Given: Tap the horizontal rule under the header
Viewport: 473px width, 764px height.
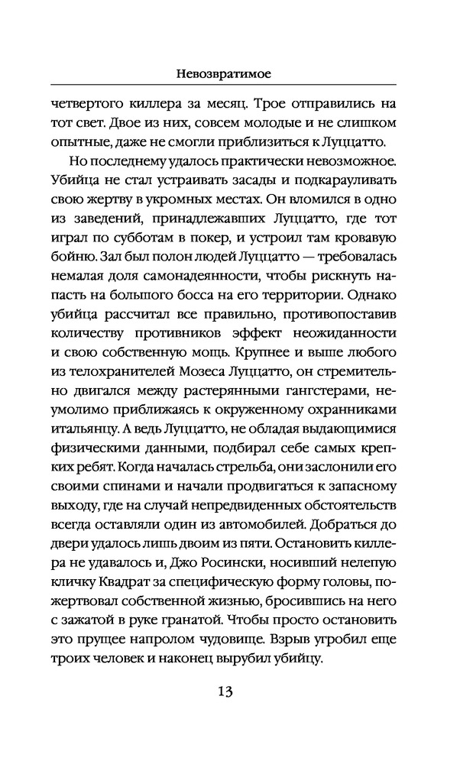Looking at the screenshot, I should point(236,84).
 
